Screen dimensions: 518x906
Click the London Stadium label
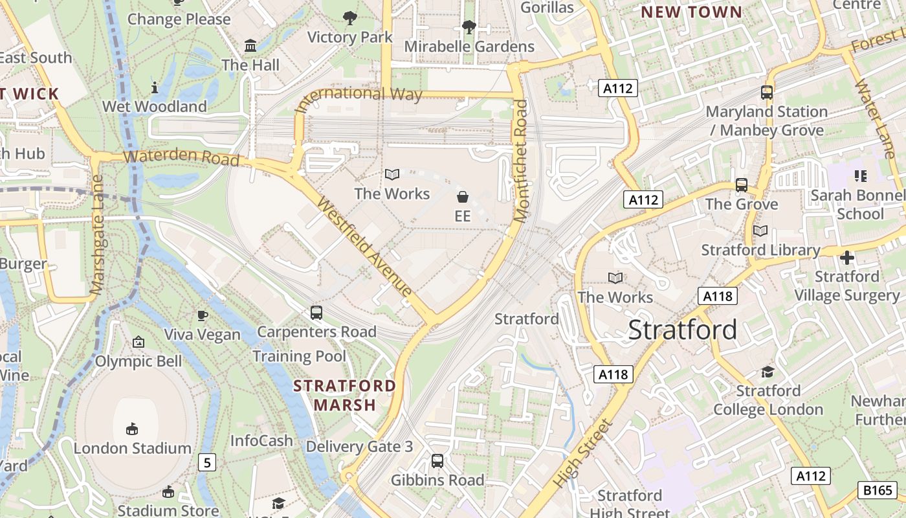[132, 448]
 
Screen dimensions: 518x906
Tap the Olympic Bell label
[138, 361]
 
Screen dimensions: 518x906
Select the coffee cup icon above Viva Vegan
[203, 315]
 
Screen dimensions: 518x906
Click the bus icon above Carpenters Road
[316, 312]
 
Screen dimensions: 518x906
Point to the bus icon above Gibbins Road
[437, 461]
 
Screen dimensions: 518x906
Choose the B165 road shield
[876, 490]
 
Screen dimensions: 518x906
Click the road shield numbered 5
[207, 462]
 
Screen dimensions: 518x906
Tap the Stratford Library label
[761, 250]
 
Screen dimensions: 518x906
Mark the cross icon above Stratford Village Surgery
[846, 258]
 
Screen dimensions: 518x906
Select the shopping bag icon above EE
[463, 196]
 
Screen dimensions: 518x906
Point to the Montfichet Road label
[521, 162]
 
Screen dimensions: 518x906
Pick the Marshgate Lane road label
[98, 234]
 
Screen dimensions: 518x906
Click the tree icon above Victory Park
[350, 18]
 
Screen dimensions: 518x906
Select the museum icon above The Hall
[250, 45]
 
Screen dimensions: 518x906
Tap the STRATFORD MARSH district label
[344, 395]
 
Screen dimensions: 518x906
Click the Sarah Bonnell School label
[856, 204]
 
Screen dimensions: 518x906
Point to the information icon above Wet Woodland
[155, 87]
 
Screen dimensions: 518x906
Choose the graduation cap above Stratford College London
[768, 372]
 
